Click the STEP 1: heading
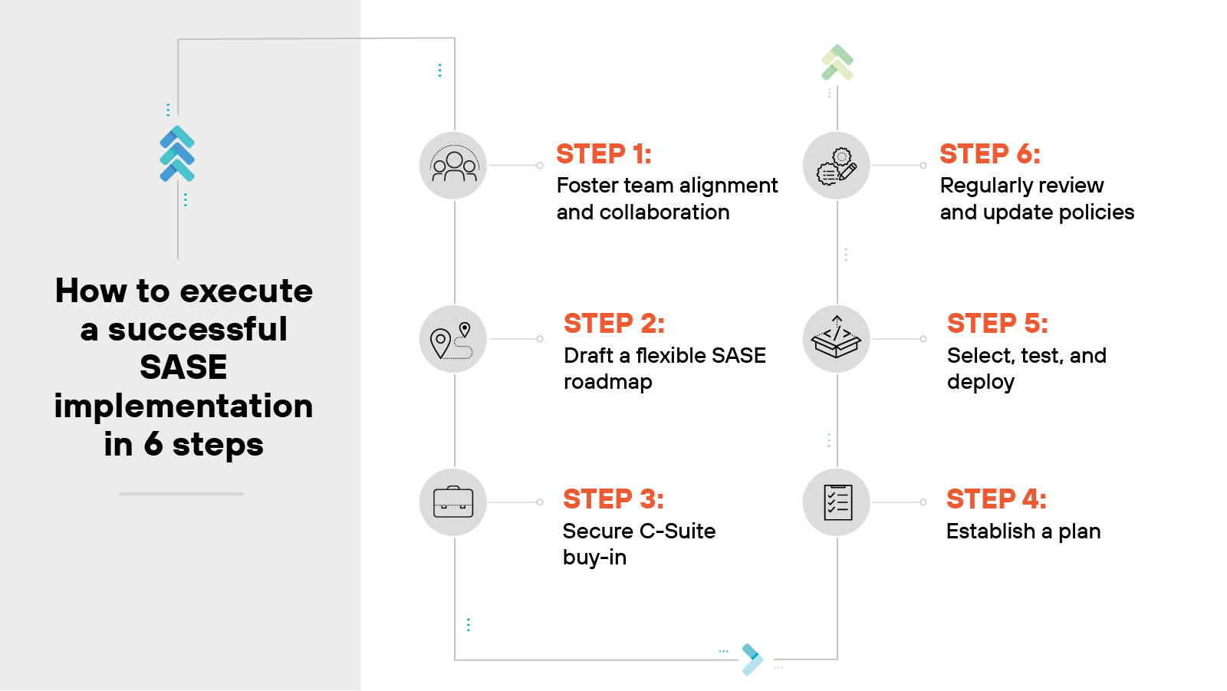click(x=604, y=154)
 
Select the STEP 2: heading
click(x=613, y=324)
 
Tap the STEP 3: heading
click(x=613, y=499)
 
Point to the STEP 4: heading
click(x=996, y=499)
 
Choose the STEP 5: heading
click(x=997, y=324)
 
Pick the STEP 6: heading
click(x=989, y=154)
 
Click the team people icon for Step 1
click(x=453, y=166)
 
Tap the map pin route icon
click(x=453, y=339)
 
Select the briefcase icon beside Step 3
click(x=453, y=502)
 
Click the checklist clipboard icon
click(x=837, y=502)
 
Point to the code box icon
click(x=837, y=339)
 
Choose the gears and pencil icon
click(x=837, y=166)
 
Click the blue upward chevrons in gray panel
click(x=177, y=153)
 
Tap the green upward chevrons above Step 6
click(x=837, y=62)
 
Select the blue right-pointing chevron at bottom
click(x=752, y=660)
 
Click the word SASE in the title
click(x=183, y=367)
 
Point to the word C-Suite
click(x=677, y=531)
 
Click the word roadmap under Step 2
click(x=607, y=382)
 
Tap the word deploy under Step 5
click(x=980, y=382)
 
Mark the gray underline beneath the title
click(x=181, y=494)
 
